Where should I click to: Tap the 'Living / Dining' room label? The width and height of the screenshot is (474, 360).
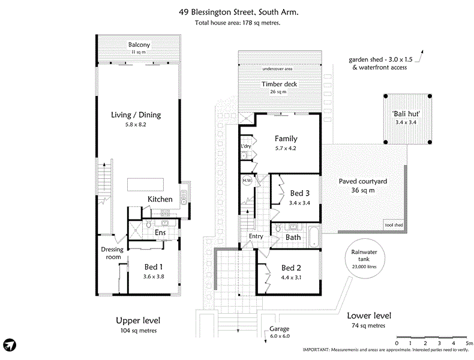[x=136, y=115]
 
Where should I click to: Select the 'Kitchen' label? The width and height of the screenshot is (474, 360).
[x=160, y=199]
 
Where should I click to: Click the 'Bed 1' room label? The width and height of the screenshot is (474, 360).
[x=154, y=266]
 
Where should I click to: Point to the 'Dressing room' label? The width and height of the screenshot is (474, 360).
[x=112, y=253]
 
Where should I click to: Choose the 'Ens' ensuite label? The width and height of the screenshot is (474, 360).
[x=160, y=233]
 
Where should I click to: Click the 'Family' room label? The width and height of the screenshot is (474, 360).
[x=286, y=139]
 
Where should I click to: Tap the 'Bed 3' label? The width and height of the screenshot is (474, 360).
[x=300, y=193]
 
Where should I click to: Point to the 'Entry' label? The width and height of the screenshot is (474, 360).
[x=256, y=236]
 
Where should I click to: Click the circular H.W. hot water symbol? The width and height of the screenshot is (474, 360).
[x=247, y=181]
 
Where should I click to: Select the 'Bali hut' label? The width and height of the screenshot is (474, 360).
[x=406, y=114]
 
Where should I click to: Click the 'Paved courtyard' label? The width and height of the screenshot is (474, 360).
[x=362, y=181]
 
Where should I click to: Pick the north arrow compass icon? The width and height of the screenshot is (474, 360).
[x=9, y=345]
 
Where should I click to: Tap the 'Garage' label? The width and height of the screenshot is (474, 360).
[x=279, y=329]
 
